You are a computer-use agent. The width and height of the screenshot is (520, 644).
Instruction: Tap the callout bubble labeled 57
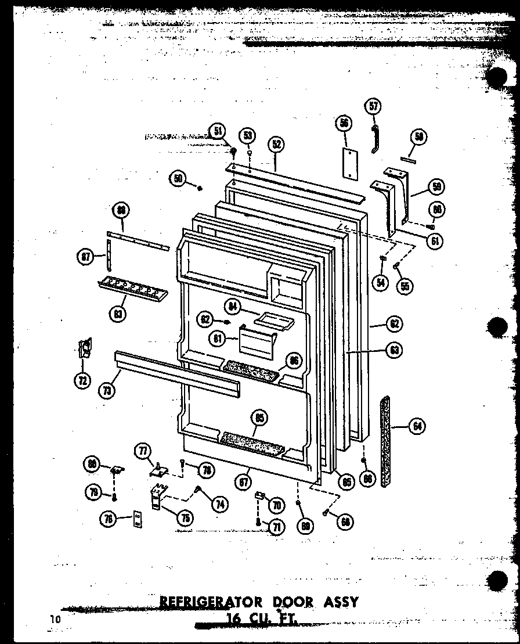click(x=374, y=106)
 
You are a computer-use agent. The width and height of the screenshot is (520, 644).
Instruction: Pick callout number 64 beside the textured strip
click(x=416, y=427)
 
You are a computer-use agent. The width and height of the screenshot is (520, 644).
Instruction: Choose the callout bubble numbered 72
click(x=84, y=381)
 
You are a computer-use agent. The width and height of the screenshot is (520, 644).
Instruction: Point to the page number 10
click(x=55, y=619)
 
